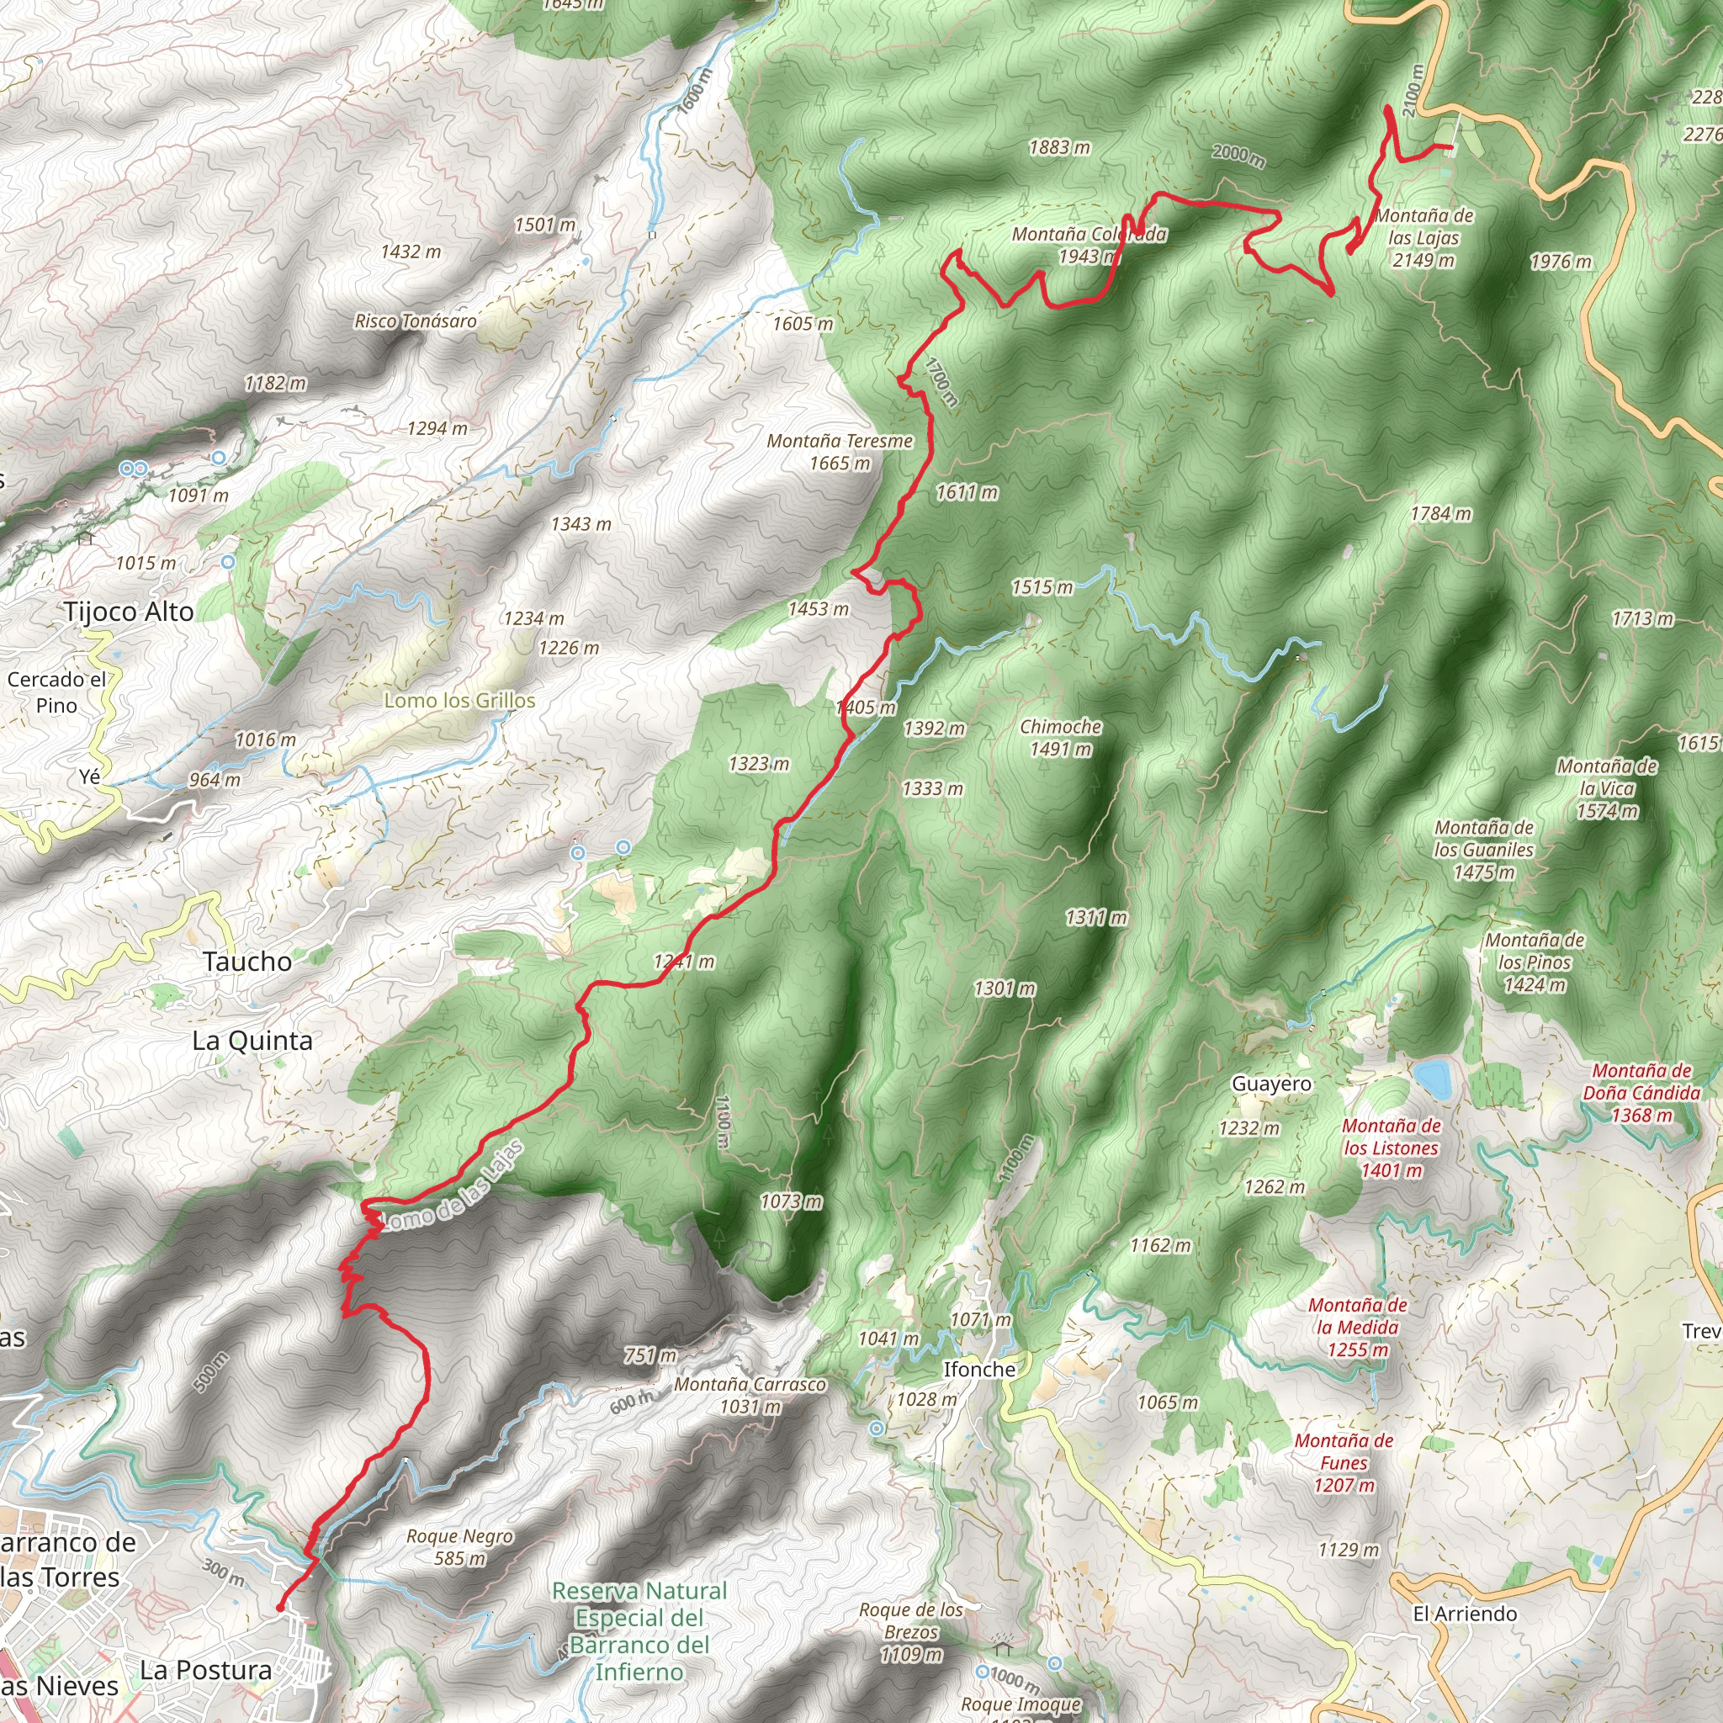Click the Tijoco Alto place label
pos(129,612)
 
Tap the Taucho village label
pos(247,962)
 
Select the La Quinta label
pos(252,1041)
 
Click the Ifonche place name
pos(979,1369)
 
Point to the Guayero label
pos(1271,1084)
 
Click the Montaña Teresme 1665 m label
pos(840,451)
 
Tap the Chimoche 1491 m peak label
pos(1060,738)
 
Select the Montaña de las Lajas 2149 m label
pos(1423,237)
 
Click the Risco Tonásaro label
pos(416,321)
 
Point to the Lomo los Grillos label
pos(459,700)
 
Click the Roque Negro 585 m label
pos(459,1547)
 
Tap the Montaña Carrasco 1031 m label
pos(749,1395)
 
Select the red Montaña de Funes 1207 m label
pos(1343,1462)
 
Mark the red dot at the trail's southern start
pos(280,1608)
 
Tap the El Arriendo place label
pos(1465,1614)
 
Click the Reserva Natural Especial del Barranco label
pos(639,1631)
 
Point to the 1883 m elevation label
pos(1059,147)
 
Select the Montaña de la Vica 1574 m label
pos(1607,788)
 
